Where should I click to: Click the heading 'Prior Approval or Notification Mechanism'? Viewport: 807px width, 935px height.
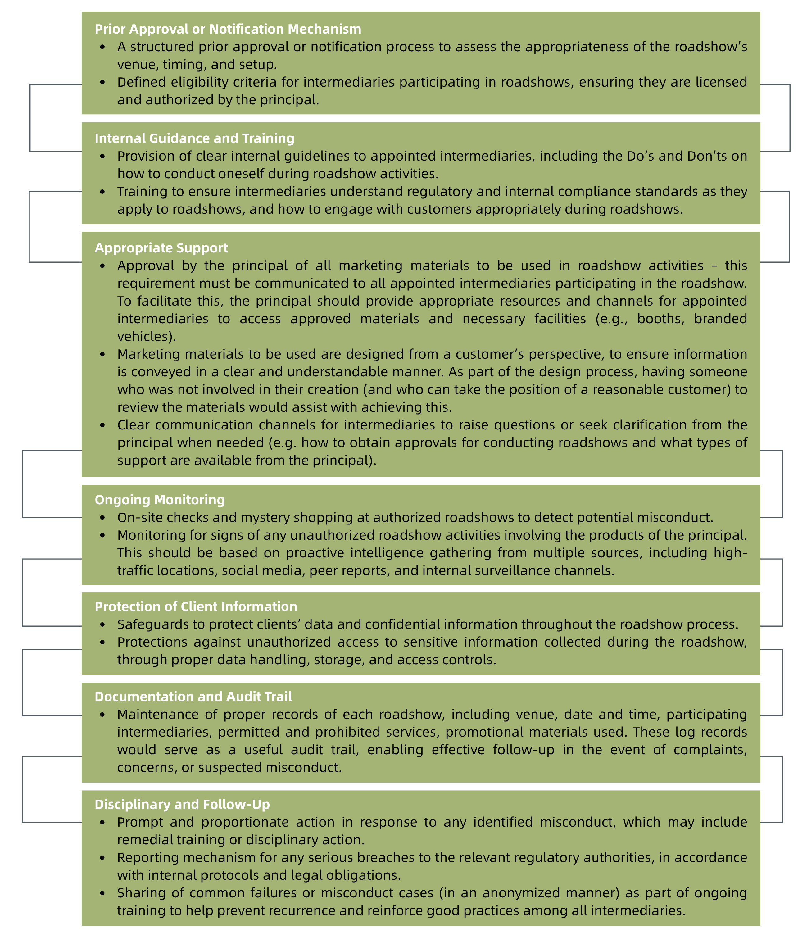(x=228, y=29)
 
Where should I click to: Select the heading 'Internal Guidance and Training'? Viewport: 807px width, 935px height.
(x=194, y=138)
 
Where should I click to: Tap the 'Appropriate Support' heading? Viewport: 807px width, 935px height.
(x=161, y=248)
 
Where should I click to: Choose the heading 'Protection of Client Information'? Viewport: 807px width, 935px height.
(x=196, y=606)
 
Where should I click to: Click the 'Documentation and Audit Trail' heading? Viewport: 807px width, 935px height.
(x=193, y=696)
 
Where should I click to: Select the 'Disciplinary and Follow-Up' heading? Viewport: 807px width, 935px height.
(x=182, y=804)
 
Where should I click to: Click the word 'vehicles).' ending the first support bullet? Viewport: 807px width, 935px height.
(x=147, y=336)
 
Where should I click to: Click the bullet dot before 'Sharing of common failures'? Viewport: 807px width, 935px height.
(x=102, y=893)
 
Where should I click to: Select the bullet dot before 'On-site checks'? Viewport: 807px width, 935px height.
(x=102, y=518)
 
